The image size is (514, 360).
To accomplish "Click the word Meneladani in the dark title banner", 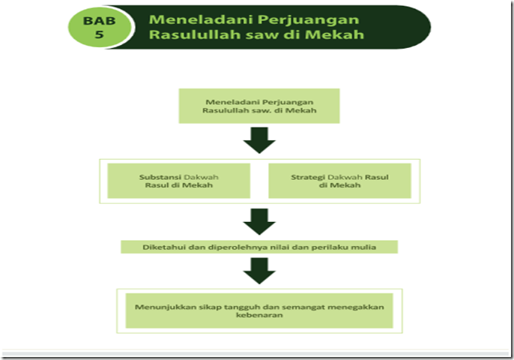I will pyautogui.click(x=192, y=19).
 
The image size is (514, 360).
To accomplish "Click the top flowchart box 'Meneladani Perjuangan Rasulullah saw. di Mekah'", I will pyautogui.click(x=259, y=106).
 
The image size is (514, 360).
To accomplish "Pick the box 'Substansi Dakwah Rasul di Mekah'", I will pyautogui.click(x=179, y=181).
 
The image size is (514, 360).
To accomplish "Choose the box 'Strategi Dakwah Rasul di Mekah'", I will pyautogui.click(x=339, y=181).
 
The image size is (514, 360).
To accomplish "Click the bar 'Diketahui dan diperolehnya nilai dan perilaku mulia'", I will pyautogui.click(x=259, y=246).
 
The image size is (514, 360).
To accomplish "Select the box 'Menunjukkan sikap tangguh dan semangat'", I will pyautogui.click(x=259, y=309).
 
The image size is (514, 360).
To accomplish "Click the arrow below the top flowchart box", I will pyautogui.click(x=259, y=139).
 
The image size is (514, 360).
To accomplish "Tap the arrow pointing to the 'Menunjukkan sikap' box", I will pyautogui.click(x=259, y=270).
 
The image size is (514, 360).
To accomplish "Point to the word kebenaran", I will pyautogui.click(x=259, y=315).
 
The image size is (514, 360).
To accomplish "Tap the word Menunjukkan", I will pyautogui.click(x=163, y=304).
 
